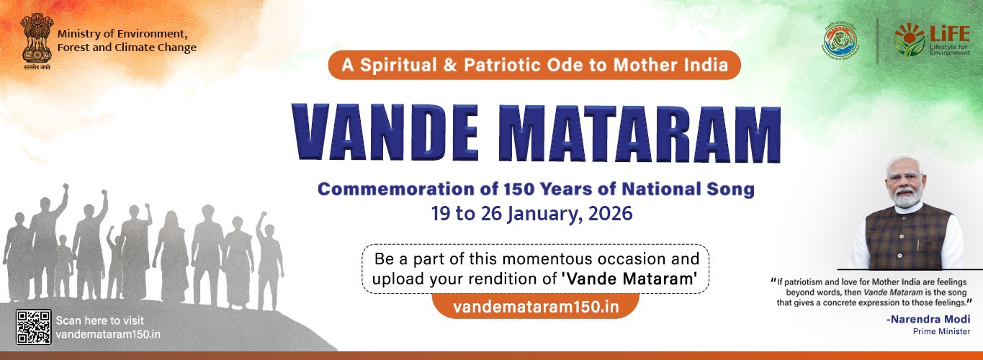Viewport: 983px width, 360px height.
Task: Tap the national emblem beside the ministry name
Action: (x=32, y=39)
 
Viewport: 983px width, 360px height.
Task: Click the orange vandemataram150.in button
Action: (x=536, y=306)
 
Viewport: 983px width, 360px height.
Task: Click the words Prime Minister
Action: (x=941, y=331)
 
